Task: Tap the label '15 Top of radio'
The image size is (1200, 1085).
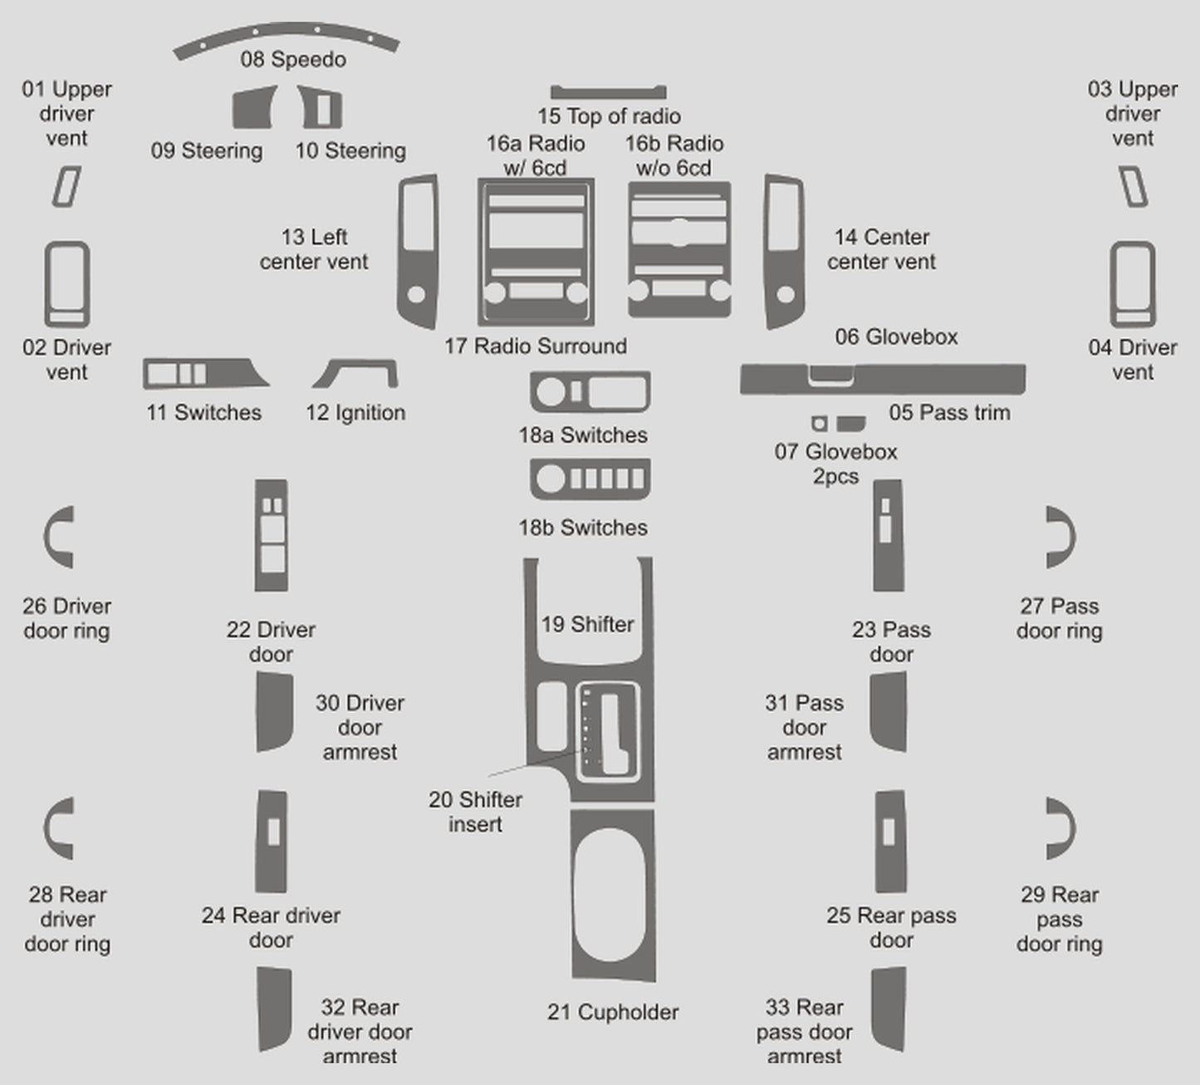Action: point(609,116)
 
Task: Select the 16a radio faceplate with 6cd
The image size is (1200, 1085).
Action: point(536,252)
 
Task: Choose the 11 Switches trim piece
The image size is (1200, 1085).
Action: point(203,374)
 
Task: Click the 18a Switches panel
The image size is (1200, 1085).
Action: point(590,392)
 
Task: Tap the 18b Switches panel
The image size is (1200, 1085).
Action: point(590,479)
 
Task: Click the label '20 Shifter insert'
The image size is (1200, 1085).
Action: point(475,812)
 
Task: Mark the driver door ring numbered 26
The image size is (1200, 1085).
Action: point(58,538)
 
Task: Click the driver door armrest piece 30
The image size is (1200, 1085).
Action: point(273,712)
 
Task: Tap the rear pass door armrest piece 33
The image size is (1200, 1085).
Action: point(889,1009)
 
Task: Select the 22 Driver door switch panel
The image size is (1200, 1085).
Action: point(272,535)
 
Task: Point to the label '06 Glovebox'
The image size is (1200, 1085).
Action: point(896,337)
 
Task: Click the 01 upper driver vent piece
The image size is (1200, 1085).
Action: point(66,186)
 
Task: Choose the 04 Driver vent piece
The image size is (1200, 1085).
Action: point(1133,284)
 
